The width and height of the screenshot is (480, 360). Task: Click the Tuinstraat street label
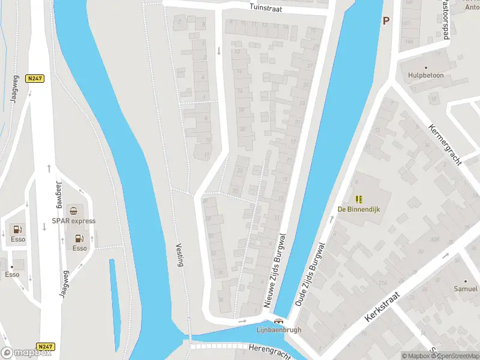(x=274, y=8)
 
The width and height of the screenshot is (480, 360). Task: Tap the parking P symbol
(x=386, y=20)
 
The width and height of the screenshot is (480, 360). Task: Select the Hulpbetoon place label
(x=425, y=76)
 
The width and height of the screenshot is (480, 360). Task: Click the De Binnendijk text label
(x=359, y=209)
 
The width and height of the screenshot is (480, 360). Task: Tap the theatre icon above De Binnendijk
(x=359, y=199)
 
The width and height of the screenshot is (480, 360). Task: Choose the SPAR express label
(x=74, y=221)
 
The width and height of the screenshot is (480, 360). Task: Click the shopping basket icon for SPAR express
(x=73, y=211)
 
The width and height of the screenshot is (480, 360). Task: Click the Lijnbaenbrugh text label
(x=278, y=329)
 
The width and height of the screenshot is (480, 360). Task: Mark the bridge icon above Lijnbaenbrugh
(x=278, y=321)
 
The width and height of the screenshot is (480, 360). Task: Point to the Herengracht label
(x=269, y=351)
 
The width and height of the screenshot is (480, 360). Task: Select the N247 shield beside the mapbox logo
(x=44, y=347)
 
